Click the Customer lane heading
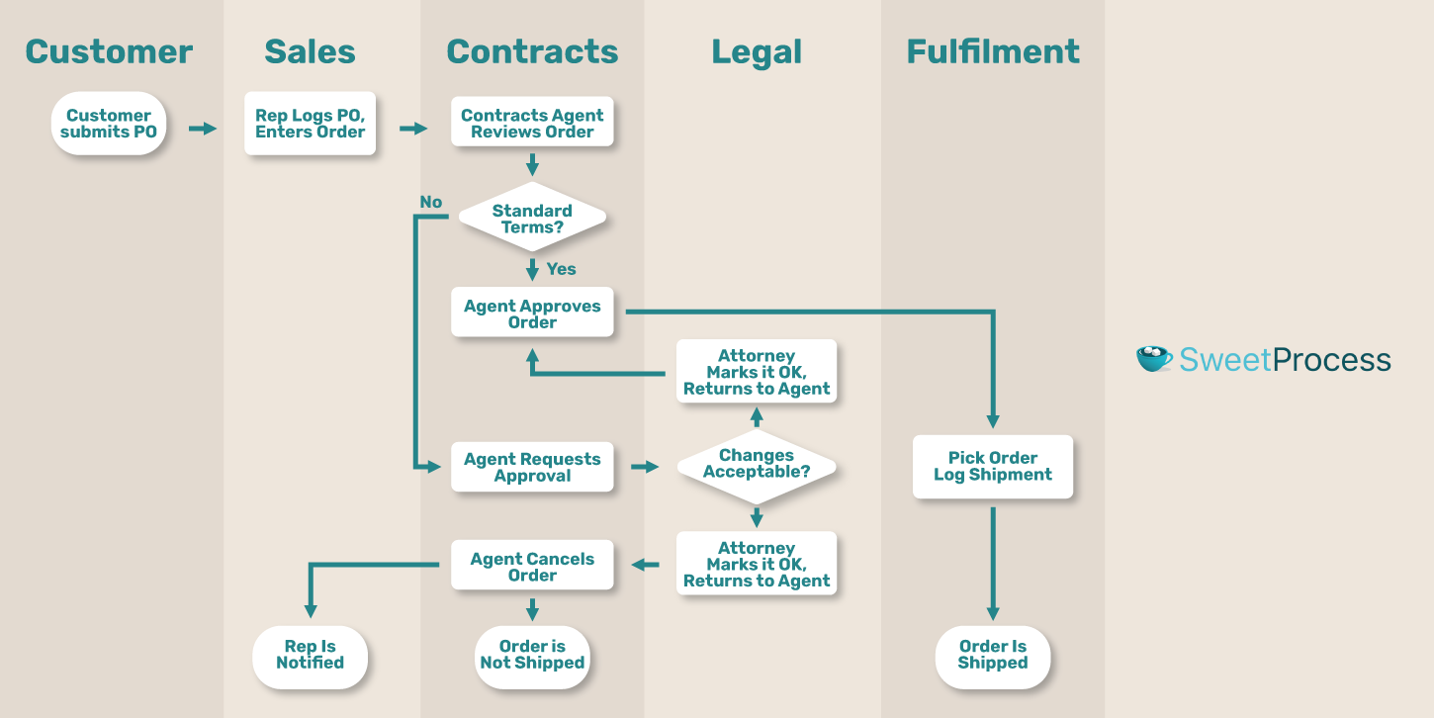pyautogui.click(x=109, y=51)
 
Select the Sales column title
pyautogui.click(x=310, y=51)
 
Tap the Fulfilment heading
pyautogui.click(x=993, y=51)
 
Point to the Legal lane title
pyautogui.click(x=757, y=51)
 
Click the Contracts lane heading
pyautogui.click(x=532, y=51)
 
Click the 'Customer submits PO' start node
pyautogui.click(x=109, y=124)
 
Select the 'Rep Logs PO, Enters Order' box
pyautogui.click(x=310, y=124)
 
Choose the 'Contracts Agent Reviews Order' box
pyautogui.click(x=532, y=124)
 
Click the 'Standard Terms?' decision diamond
pyautogui.click(x=532, y=219)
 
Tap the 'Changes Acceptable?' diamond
pyautogui.click(x=757, y=464)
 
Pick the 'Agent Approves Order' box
pyautogui.click(x=532, y=314)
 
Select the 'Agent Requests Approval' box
pyautogui.click(x=532, y=467)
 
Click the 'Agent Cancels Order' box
pyautogui.click(x=532, y=567)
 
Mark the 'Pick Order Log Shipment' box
pyautogui.click(x=993, y=466)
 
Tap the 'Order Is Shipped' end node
pyautogui.click(x=993, y=655)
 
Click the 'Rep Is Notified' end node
pyautogui.click(x=310, y=655)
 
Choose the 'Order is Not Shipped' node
pyautogui.click(x=532, y=655)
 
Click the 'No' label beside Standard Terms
pyautogui.click(x=430, y=202)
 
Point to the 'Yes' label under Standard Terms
pyautogui.click(x=561, y=269)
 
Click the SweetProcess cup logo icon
pyautogui.click(x=1154, y=358)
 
